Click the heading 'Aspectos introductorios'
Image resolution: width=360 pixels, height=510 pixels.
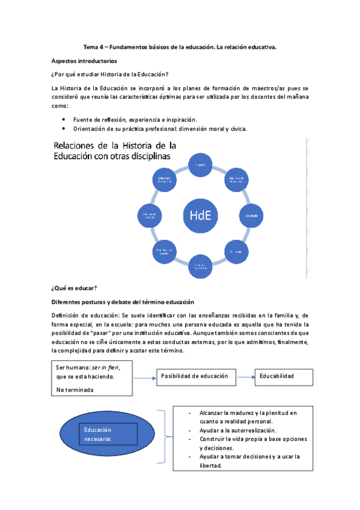coord(84,61)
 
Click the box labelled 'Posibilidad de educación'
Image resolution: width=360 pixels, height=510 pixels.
coord(194,376)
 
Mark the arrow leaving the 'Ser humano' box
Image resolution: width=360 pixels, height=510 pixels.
coord(144,378)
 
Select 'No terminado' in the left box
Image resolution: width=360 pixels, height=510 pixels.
coord(75,389)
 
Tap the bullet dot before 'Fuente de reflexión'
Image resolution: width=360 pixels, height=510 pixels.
coord(64,120)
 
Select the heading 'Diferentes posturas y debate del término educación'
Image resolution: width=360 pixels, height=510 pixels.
coord(122,302)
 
